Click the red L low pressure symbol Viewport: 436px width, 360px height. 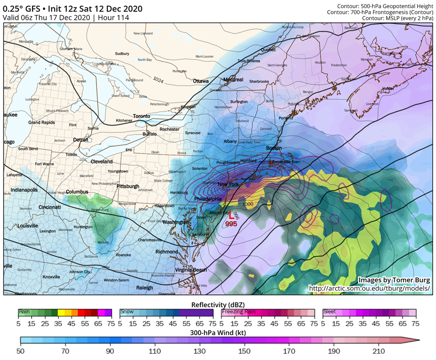[231, 216]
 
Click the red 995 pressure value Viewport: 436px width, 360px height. [231, 224]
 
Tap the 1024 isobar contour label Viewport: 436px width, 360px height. [158, 79]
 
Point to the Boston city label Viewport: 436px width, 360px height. [274, 148]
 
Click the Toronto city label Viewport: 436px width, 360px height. [141, 116]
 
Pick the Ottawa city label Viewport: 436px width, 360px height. [200, 81]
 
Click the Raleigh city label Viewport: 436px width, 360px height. [144, 287]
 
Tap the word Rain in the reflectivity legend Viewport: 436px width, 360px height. [24, 311]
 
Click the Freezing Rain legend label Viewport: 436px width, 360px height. [239, 311]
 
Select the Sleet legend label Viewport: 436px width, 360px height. [331, 311]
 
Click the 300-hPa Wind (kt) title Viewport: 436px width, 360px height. [218, 331]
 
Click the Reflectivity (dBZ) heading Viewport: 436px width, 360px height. [218, 304]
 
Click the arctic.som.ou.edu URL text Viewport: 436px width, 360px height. [369, 288]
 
